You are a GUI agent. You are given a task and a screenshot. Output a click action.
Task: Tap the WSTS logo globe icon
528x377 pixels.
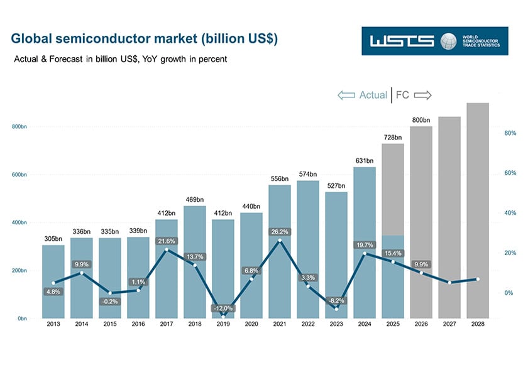448,41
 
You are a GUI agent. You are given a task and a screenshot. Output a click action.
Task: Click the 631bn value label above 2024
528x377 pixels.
364,160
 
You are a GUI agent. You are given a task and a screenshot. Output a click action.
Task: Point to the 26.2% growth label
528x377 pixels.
279,231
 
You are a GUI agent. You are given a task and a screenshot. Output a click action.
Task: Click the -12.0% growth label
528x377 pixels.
223,309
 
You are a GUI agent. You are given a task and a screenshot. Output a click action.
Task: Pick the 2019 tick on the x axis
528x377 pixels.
223,324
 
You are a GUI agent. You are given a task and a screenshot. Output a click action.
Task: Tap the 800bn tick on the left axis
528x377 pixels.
19,127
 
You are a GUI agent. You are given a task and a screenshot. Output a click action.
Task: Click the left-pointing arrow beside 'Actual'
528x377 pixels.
346,95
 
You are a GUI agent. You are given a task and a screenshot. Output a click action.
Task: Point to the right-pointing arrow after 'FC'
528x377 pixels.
422,95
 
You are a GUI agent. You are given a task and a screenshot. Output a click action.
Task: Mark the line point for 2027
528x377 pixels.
449,283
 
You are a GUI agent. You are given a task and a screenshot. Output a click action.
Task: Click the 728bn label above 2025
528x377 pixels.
392,137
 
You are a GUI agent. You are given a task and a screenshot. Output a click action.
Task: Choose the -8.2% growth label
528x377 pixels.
336,301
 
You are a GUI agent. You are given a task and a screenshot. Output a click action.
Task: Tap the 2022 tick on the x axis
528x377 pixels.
307,324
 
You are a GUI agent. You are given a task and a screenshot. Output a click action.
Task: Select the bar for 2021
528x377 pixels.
279,251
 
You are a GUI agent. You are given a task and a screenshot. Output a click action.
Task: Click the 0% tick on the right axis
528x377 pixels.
508,293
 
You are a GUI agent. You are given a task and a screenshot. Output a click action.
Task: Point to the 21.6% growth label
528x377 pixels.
166,241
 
